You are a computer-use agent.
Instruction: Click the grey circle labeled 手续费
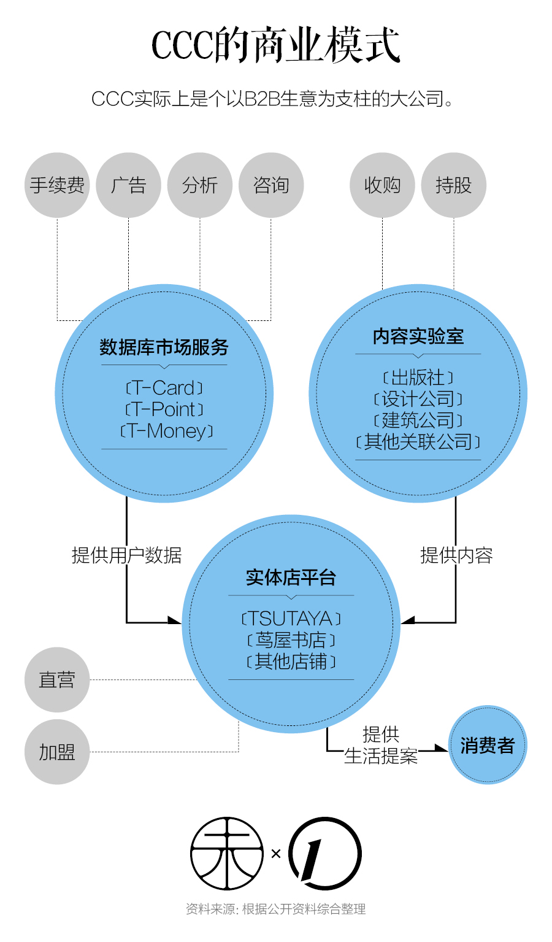tap(57, 185)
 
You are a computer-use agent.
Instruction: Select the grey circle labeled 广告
tap(128, 185)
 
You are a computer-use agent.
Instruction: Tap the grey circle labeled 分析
tap(200, 185)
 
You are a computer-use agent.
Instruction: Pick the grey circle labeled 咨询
tap(271, 185)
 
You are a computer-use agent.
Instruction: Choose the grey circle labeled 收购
tap(382, 185)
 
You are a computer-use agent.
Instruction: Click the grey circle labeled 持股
tap(454, 185)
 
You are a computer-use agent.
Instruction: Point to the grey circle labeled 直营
tap(57, 679)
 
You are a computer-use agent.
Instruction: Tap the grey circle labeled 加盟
tap(57, 752)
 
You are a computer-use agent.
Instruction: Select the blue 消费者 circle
tap(488, 745)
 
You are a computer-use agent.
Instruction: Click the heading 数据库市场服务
tap(164, 347)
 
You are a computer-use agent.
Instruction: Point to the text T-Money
tap(167, 431)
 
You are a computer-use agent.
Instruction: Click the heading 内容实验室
tap(418, 336)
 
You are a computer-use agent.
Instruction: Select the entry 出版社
tap(418, 377)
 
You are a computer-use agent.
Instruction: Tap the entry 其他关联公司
tap(418, 442)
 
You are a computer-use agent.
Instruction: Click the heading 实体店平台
tap(291, 577)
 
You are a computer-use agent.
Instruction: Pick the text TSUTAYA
tap(291, 618)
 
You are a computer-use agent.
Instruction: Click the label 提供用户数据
tap(126, 555)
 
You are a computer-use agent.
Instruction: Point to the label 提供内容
tap(456, 555)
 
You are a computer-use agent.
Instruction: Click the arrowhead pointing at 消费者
tap(441, 748)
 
